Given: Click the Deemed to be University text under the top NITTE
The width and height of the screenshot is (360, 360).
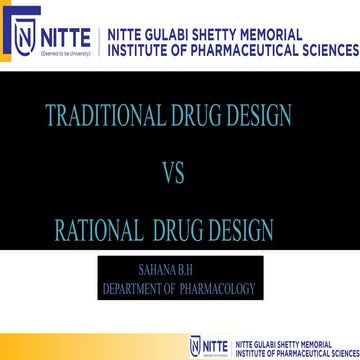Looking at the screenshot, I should coord(65,50).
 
